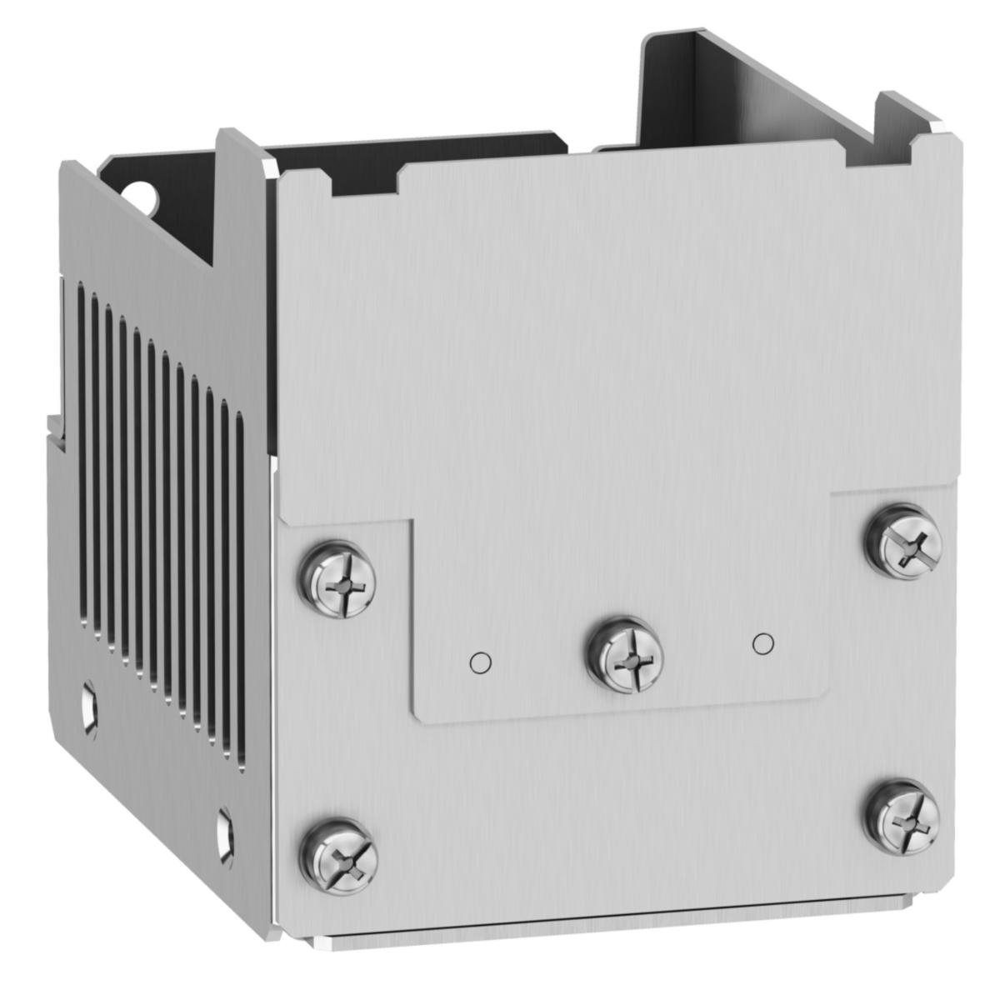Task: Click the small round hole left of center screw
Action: click(481, 662)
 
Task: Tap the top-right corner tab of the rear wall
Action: click(917, 112)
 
